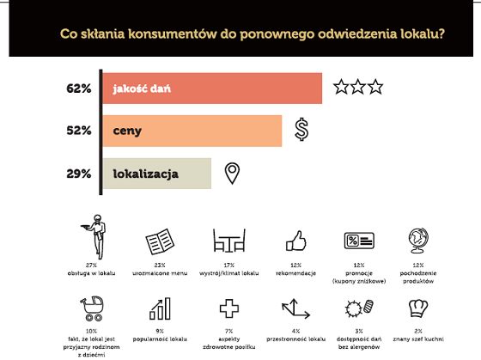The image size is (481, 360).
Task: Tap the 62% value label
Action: click(78, 88)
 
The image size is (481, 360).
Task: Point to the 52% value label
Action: click(78, 131)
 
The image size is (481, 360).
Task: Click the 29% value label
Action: click(78, 174)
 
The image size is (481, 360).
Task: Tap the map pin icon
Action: click(231, 174)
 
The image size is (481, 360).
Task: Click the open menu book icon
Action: click(161, 241)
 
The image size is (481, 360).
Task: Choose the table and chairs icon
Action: click(228, 241)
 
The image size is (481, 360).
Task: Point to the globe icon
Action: click(417, 241)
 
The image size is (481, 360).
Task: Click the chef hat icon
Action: click(418, 308)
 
